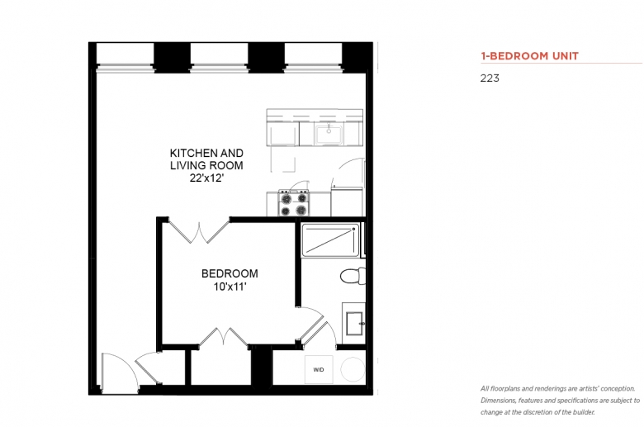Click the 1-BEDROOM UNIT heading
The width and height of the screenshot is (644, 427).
[529, 56]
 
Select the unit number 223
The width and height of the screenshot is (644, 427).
[490, 78]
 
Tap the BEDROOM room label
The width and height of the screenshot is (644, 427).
[230, 273]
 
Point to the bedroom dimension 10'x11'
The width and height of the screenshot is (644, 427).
[230, 287]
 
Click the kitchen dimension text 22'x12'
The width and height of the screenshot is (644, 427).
[206, 178]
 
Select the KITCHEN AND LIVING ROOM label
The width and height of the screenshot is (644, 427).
[206, 159]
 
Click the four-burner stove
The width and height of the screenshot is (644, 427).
[294, 203]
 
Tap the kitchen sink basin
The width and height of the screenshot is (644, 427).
[329, 135]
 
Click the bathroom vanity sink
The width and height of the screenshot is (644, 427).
[354, 324]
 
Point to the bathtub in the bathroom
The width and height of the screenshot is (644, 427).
[330, 240]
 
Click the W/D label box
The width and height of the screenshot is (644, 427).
[319, 369]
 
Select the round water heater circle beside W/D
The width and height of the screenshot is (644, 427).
[353, 369]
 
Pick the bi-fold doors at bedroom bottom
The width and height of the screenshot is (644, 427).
[224, 337]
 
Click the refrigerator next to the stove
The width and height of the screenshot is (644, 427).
[347, 202]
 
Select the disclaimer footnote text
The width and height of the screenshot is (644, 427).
[561, 401]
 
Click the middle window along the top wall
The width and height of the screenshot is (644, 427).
[220, 57]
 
